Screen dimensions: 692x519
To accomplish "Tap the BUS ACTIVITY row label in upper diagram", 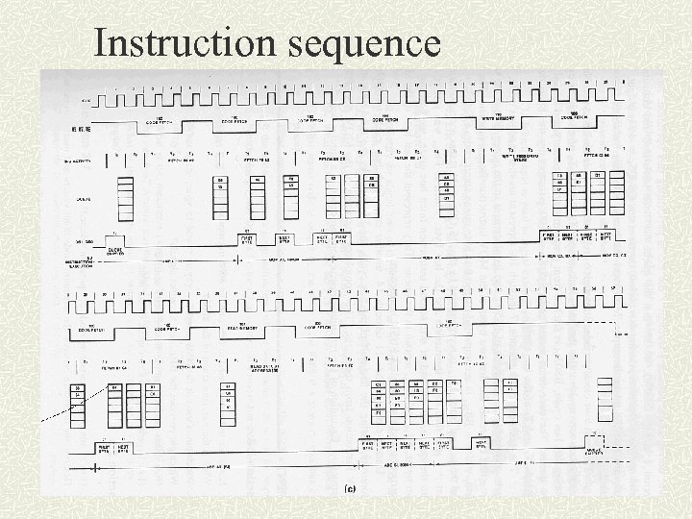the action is pos(78,161).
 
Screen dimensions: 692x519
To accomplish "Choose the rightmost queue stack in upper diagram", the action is pos(616,192).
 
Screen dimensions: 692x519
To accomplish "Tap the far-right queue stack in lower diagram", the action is pos(605,400).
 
